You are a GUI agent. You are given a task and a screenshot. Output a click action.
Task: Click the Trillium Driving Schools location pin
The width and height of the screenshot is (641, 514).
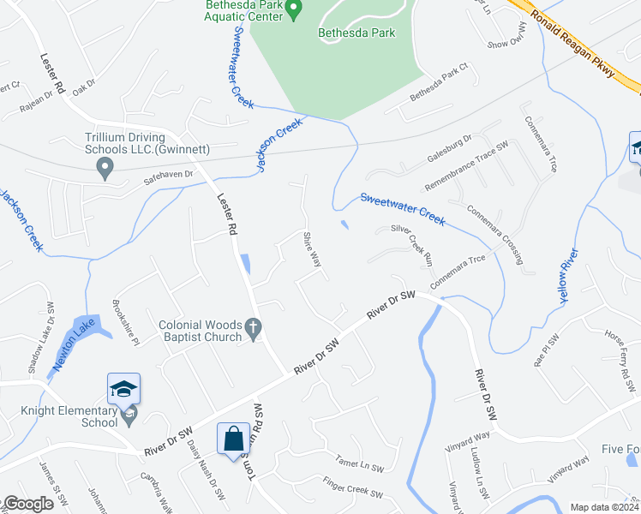coord(105,167)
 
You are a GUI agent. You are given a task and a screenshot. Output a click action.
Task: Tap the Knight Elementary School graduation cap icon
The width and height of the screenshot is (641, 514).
coord(123,390)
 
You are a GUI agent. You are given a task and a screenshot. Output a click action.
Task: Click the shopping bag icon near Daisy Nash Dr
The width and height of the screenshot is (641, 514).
coord(233,440)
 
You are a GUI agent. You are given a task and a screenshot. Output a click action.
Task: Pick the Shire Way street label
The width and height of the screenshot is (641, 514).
coord(312,249)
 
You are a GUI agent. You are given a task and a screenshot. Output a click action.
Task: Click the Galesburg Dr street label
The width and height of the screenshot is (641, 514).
coord(449,151)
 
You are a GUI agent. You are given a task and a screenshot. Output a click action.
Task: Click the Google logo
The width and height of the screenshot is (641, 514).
coord(28,504)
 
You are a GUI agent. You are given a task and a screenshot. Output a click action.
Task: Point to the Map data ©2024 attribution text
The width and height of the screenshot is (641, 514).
coord(603,507)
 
